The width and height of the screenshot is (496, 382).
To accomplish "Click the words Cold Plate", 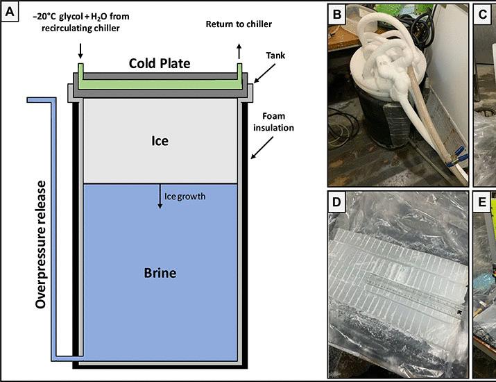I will pyautogui.click(x=159, y=63).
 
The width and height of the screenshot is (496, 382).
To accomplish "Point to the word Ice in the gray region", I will pyautogui.click(x=160, y=141).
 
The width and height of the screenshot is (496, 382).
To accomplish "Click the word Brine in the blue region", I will pyautogui.click(x=159, y=273).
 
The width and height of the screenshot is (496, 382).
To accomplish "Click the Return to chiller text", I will pyautogui.click(x=239, y=24).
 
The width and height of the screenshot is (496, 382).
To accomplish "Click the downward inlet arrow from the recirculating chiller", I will pyautogui.click(x=80, y=51).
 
